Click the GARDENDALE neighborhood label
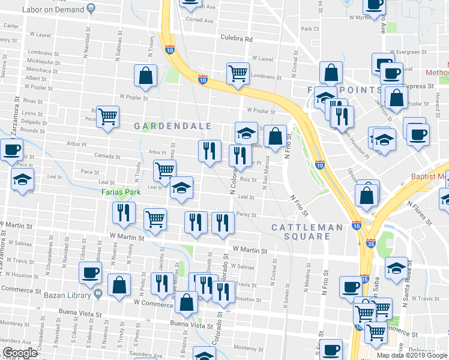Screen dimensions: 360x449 tap(172, 126)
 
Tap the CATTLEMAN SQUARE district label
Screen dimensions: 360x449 tap(309, 232)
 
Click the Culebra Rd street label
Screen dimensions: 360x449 tap(237, 39)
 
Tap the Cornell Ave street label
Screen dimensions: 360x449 tap(199, 20)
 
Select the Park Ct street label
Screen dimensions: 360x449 tap(310, 29)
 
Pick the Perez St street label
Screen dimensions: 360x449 tap(246, 214)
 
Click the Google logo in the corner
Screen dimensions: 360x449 tap(20, 353)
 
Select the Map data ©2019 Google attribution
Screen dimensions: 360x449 tap(412, 355)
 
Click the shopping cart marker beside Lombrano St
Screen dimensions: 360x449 tap(238, 73)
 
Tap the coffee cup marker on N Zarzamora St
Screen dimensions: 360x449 tap(11, 149)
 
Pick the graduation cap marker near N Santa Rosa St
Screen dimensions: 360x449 tap(396, 268)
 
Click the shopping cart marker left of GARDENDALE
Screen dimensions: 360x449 tap(108, 116)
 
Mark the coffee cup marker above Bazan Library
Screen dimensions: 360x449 tap(91, 273)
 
